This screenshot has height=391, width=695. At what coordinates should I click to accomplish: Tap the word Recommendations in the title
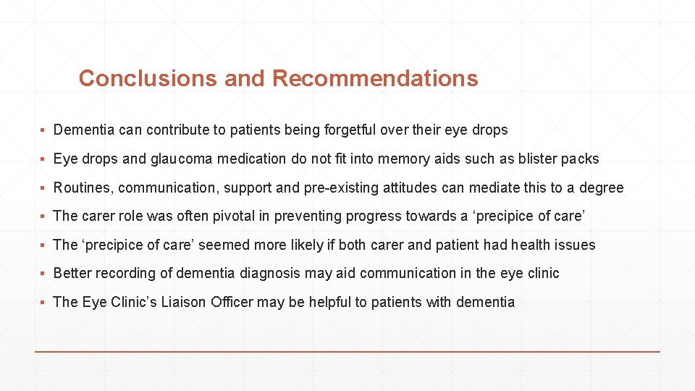[375, 78]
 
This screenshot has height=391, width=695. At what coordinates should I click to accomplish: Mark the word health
[533, 245]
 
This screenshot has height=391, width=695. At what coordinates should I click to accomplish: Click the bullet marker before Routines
[44, 188]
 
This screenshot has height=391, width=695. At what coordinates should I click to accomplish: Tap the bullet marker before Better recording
[44, 274]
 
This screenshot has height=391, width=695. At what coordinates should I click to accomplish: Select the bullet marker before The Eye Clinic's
[44, 302]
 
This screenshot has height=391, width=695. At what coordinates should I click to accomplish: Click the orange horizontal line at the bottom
[347, 351]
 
